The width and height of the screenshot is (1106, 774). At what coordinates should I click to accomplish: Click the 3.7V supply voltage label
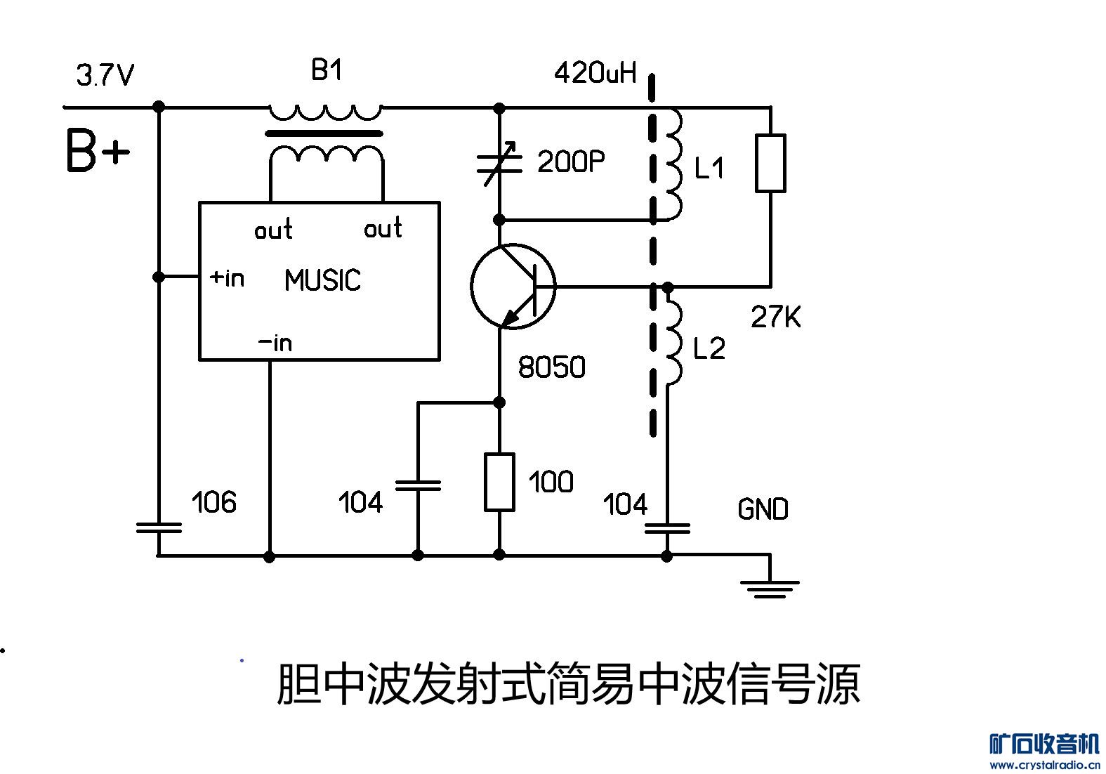(105, 75)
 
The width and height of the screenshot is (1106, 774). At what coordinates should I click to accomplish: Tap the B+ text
(98, 151)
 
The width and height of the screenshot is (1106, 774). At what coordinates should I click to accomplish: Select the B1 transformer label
(327, 70)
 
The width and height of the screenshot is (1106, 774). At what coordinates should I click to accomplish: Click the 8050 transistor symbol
(513, 286)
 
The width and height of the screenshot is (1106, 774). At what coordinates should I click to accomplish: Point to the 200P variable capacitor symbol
(499, 163)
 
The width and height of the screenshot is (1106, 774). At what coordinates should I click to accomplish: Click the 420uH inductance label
(595, 72)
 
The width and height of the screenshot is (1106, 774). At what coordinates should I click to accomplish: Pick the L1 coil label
(709, 169)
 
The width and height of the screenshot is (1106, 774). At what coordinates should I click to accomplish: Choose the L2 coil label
(709, 349)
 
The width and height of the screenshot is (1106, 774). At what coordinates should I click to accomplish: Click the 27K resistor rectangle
(770, 163)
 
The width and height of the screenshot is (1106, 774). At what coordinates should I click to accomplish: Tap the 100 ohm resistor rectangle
(499, 482)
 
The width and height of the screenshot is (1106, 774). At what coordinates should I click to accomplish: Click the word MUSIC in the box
(322, 281)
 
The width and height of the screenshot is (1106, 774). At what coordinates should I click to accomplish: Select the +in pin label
(228, 278)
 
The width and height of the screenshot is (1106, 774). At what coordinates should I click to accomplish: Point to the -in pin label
(275, 343)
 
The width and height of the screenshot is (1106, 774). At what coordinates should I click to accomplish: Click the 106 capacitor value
(213, 503)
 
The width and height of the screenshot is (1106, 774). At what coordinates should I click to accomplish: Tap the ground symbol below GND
(770, 587)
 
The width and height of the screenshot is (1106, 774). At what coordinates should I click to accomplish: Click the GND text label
(763, 509)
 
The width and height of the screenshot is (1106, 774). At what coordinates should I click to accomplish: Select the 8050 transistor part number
(551, 367)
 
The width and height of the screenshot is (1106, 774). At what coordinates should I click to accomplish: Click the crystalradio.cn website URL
(1044, 764)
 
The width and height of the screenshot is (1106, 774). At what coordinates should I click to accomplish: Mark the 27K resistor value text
(775, 317)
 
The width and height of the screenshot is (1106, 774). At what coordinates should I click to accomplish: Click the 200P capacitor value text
(571, 162)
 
